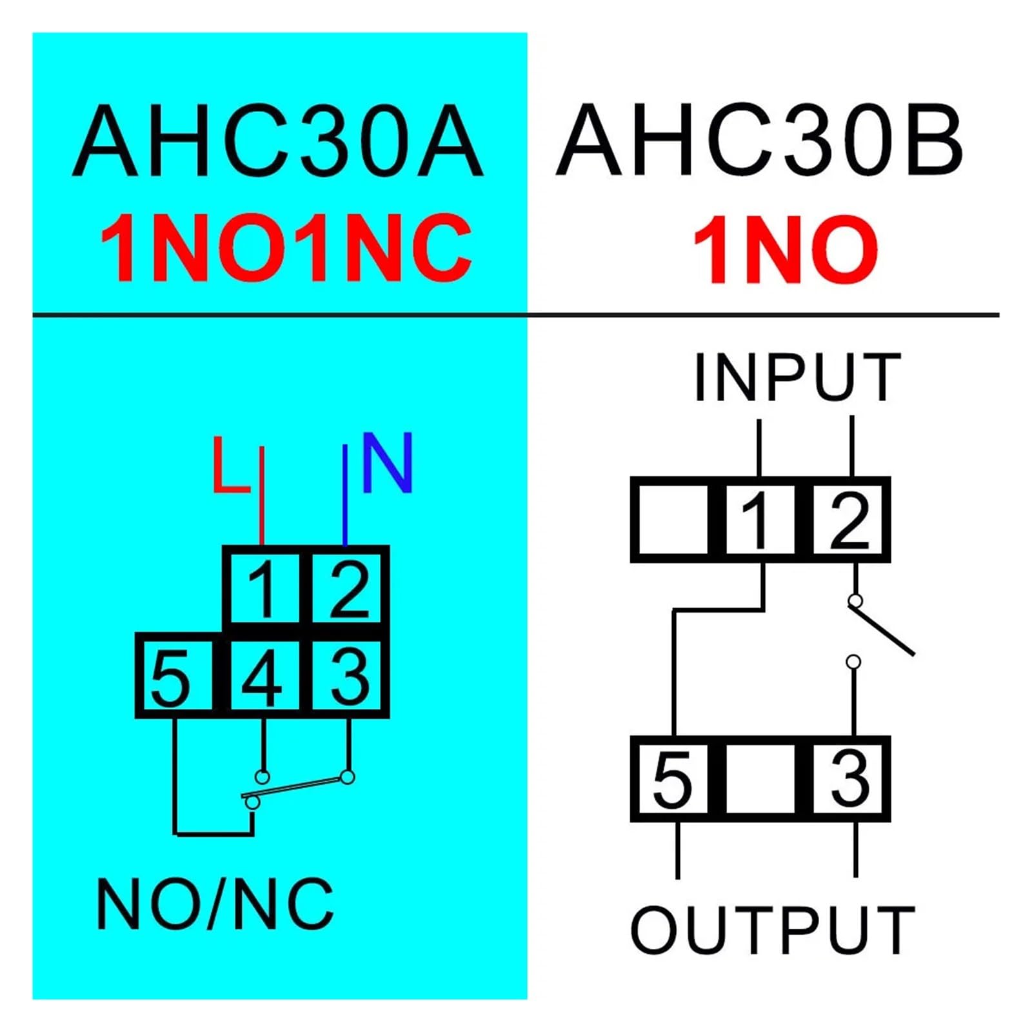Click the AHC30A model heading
click(x=278, y=140)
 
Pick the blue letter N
click(x=387, y=462)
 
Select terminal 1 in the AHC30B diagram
click(x=760, y=519)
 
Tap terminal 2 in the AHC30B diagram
click(x=849, y=519)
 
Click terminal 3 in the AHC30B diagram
click(x=849, y=779)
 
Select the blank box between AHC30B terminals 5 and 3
click(x=760, y=779)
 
